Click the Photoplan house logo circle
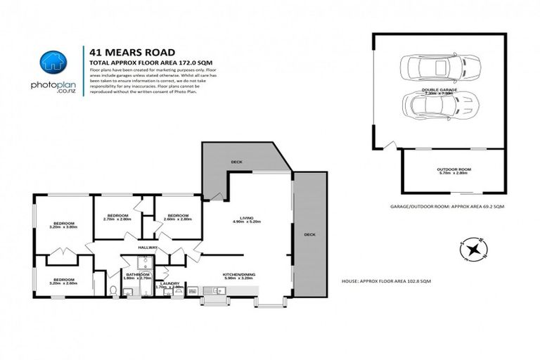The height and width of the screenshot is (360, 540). point(53,63)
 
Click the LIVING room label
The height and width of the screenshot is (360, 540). point(246,219)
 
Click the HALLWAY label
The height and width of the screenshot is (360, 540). point(148,247)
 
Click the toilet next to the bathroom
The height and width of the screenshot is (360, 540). point(112,290)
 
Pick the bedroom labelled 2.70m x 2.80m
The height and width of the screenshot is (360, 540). point(117,217)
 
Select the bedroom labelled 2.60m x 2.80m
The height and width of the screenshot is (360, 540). point(177,217)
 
